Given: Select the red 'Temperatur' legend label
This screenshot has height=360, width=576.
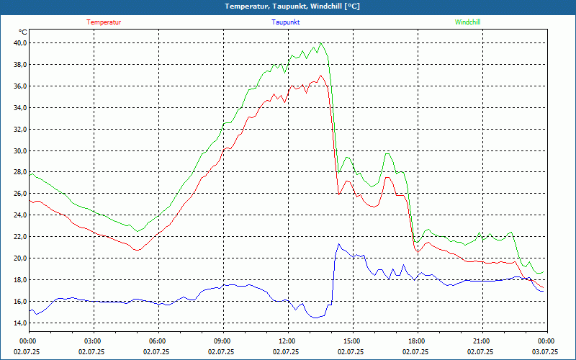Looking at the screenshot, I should (104, 22).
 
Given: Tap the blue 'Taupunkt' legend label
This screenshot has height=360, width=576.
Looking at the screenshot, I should (286, 22).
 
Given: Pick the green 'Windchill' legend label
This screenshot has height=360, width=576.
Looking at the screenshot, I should (467, 22).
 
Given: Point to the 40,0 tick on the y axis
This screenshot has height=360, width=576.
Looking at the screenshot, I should (19, 42).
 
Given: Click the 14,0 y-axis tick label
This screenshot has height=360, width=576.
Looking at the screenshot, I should (19, 323).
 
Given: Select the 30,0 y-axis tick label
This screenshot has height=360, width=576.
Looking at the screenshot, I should (19, 150).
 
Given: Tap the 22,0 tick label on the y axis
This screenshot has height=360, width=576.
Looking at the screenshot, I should (19, 236).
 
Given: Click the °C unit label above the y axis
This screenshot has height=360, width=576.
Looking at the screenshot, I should (23, 32).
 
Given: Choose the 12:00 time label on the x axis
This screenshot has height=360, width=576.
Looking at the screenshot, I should (287, 341).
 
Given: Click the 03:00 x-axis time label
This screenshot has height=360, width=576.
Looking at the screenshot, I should (92, 341).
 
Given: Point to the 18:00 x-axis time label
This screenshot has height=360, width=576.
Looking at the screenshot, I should (416, 341).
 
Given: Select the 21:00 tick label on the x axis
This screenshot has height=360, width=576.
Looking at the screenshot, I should (481, 341).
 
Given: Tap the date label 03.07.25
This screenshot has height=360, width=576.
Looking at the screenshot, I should (545, 352).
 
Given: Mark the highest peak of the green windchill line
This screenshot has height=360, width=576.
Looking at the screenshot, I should (320, 43).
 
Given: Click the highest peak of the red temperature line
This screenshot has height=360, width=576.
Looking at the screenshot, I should (320, 75).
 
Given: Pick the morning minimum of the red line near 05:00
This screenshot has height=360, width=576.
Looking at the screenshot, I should (136, 250).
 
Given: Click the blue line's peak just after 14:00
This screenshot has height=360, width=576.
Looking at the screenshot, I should (338, 243).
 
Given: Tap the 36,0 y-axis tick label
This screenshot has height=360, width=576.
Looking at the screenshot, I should (19, 86).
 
